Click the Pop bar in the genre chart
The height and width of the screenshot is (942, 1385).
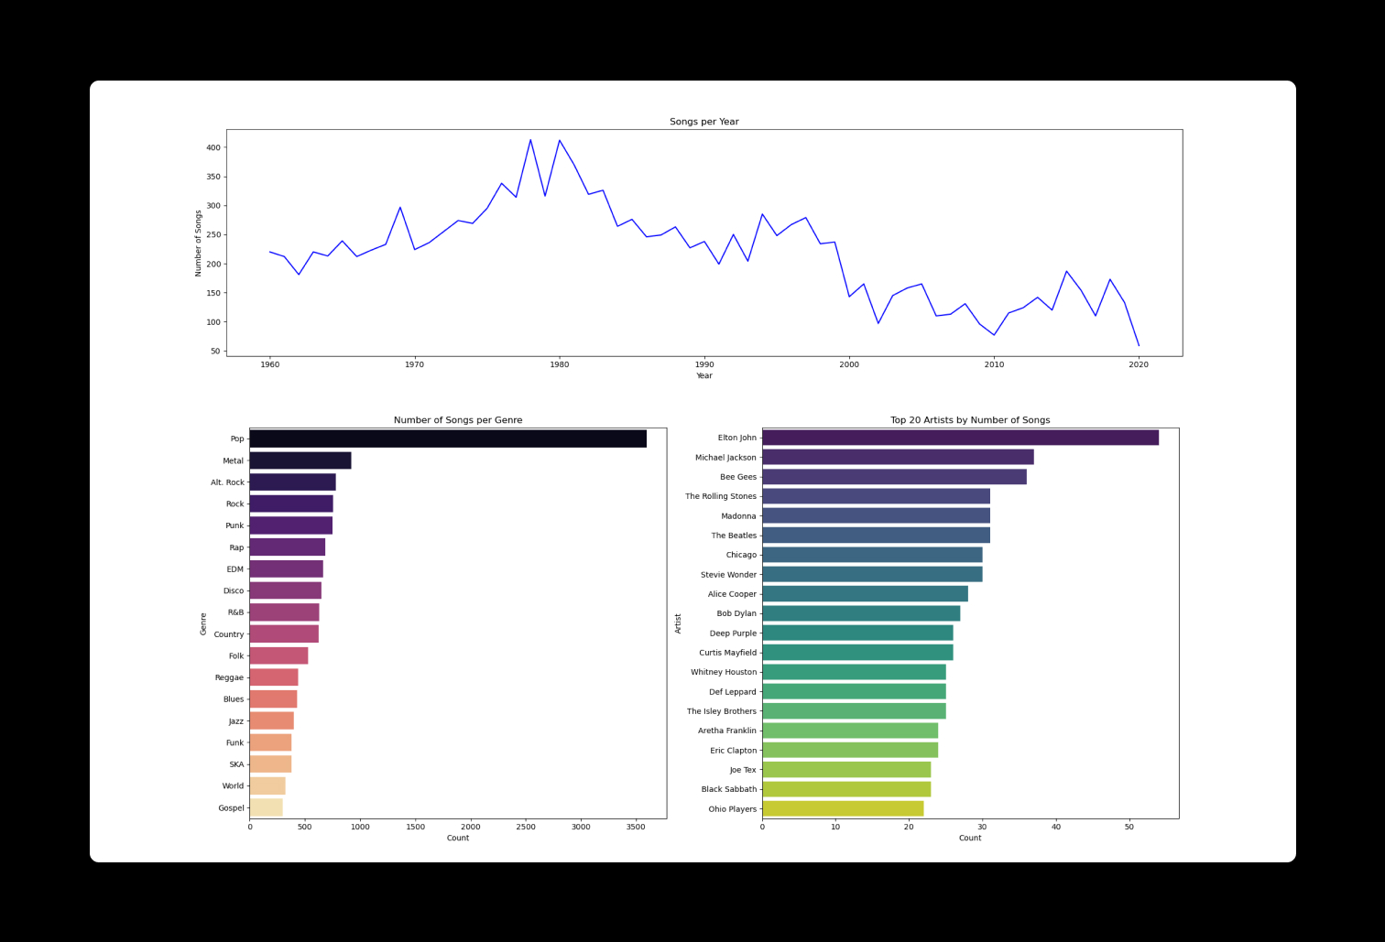447,439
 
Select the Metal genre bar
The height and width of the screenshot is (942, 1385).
300,460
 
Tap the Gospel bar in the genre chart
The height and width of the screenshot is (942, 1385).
266,807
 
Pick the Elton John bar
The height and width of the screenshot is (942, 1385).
959,438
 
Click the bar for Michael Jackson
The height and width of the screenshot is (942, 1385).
897,457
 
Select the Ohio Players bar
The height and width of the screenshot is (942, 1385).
842,808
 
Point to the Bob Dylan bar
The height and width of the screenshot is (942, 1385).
860,613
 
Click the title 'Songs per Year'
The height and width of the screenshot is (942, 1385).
703,122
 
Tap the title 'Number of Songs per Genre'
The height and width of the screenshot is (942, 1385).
458,420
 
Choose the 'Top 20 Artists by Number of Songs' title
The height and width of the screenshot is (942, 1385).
970,420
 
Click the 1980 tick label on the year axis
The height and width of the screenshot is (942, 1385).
559,364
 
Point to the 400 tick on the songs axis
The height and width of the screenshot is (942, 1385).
213,147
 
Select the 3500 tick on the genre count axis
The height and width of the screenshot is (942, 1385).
636,827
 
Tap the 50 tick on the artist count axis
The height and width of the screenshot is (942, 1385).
1129,827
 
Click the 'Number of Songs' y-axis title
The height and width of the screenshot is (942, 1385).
198,243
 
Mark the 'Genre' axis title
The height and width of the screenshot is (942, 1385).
203,623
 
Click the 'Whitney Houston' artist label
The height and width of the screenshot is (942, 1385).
724,672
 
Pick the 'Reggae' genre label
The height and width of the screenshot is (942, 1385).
229,677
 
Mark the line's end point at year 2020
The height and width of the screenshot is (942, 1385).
1139,346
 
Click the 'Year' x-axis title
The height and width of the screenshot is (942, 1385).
703,375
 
